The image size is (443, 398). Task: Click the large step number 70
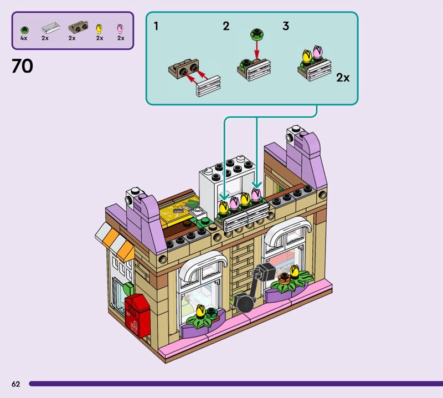[x=22, y=67]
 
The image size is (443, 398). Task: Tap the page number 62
[x=16, y=384]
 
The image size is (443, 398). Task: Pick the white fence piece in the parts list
[x=49, y=28]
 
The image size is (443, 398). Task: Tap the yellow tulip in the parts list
[x=100, y=28]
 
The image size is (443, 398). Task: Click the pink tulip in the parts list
[x=120, y=28]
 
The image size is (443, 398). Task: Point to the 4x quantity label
[x=24, y=38]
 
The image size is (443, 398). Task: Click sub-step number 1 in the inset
[x=157, y=26]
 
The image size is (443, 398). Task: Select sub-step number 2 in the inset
[x=226, y=26]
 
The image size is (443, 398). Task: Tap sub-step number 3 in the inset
[x=286, y=26]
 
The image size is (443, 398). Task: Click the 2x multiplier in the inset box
[x=343, y=78]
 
